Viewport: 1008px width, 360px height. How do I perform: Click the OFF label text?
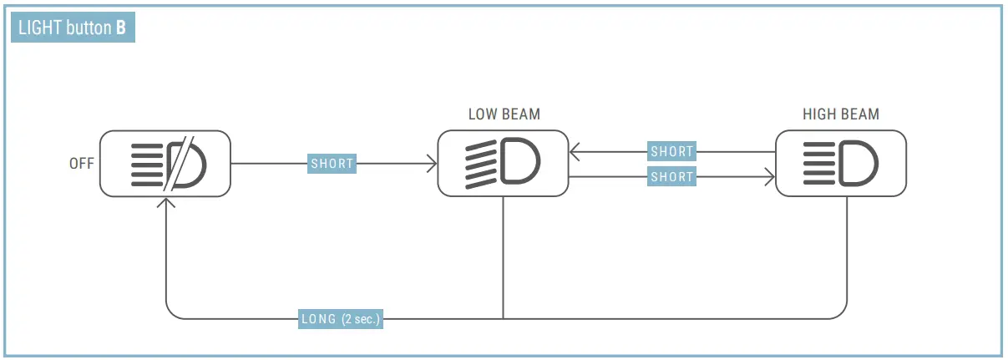tap(81, 164)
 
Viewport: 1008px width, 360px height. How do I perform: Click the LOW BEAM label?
tap(504, 114)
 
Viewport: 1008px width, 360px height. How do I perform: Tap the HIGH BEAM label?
tap(840, 114)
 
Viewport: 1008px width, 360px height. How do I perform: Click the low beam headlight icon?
tap(503, 164)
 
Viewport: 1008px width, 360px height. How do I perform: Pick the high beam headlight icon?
tap(840, 164)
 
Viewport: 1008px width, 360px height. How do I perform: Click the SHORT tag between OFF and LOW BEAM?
tap(332, 164)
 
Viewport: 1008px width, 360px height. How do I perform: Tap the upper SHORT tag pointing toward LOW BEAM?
tap(671, 152)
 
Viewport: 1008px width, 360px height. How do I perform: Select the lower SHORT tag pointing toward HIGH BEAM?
tap(671, 177)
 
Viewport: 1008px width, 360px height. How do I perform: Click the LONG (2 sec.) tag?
tap(341, 318)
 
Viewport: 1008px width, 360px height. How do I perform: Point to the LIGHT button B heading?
tap(71, 28)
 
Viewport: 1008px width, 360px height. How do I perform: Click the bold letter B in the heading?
tap(121, 28)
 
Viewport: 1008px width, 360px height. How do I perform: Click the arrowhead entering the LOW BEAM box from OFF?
tap(433, 164)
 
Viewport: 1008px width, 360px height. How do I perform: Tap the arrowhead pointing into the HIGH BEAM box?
tap(770, 177)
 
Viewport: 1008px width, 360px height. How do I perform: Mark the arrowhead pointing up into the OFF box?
tap(167, 203)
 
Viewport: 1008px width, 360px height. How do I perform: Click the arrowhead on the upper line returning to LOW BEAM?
tap(574, 152)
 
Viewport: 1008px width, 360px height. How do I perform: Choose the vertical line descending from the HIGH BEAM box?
tap(847, 251)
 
